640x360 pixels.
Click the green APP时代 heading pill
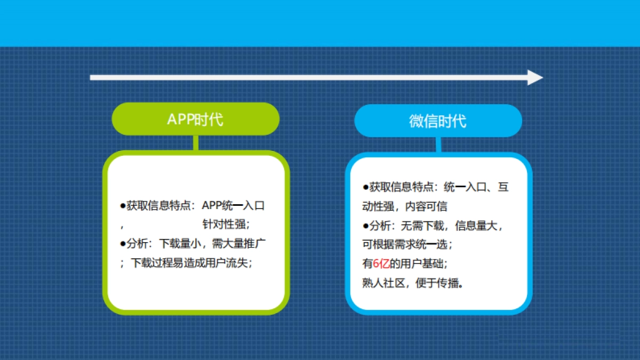coord(195,119)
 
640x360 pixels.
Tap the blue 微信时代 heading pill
coord(438,121)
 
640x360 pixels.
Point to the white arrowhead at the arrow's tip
coord(535,77)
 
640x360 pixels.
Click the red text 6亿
coord(381,263)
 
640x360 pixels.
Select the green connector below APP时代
coord(196,143)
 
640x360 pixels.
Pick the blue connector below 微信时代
coord(438,145)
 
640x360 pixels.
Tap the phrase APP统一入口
coord(233,205)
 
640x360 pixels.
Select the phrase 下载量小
coord(180,243)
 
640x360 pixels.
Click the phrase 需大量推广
coord(238,243)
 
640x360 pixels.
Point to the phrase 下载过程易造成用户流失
coord(189,263)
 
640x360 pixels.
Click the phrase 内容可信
coord(426,206)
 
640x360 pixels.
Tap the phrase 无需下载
coord(422,226)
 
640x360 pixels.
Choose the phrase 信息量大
coord(476,226)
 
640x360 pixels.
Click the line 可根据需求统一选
coord(405,244)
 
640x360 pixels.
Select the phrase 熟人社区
coord(383,283)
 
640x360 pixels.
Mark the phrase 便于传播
coord(437,283)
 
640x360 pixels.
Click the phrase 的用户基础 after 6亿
coord(417,263)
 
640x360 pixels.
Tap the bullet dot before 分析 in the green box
coord(123,244)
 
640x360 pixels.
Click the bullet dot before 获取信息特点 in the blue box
coord(365,187)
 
